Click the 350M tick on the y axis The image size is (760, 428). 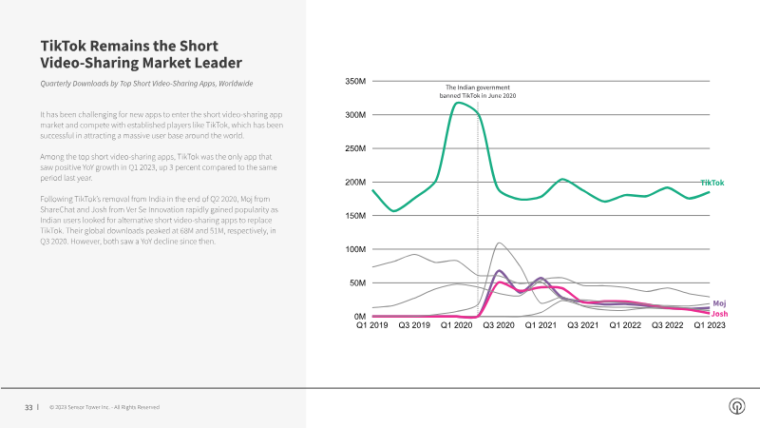point(353,82)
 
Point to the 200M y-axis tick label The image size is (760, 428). point(353,183)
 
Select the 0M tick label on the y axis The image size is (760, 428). point(358,317)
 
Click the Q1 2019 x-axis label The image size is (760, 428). point(372,326)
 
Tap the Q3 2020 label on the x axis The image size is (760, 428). point(498,326)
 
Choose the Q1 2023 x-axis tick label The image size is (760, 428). point(708,326)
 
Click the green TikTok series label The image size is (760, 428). point(712,183)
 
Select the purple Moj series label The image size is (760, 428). point(719,302)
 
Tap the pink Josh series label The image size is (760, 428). point(719,313)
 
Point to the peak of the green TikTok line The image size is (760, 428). point(458,103)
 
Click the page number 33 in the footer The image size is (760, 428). point(28,407)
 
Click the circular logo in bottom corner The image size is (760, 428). point(736,407)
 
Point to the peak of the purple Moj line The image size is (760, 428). point(500,271)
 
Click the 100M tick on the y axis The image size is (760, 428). point(353,249)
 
